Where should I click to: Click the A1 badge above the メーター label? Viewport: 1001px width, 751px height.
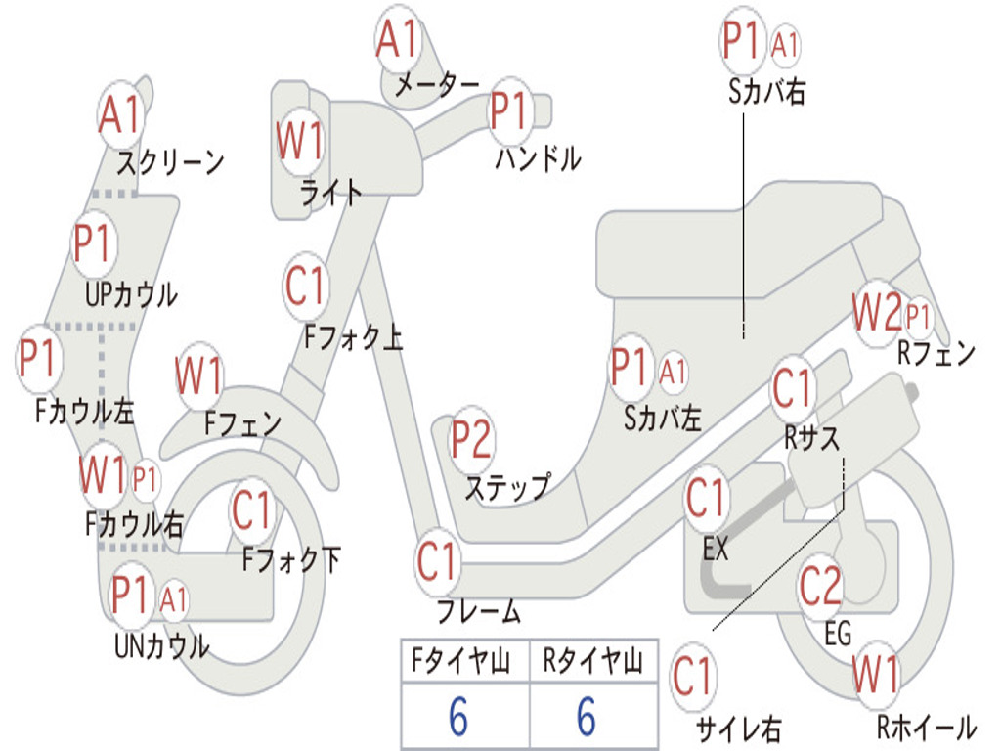pyautogui.click(x=397, y=38)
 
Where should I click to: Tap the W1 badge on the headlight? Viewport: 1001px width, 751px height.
pyautogui.click(x=299, y=140)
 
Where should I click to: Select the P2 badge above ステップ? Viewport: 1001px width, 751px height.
pyautogui.click(x=471, y=439)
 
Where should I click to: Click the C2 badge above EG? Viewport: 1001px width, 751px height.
pyautogui.click(x=820, y=585)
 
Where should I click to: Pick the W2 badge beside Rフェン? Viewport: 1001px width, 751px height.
pyautogui.click(x=878, y=313)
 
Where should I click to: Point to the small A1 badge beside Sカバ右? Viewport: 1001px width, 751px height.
pyautogui.click(x=784, y=45)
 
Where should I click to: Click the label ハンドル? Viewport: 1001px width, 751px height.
pyautogui.click(x=539, y=158)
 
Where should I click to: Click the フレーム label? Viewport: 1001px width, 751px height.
pyautogui.click(x=479, y=611)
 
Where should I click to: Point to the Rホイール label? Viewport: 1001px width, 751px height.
pyautogui.click(x=927, y=727)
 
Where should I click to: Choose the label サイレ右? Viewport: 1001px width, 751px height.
pyautogui.click(x=739, y=729)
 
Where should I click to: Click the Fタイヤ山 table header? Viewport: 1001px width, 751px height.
pyautogui.click(x=461, y=661)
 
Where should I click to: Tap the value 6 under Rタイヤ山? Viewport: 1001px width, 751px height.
pyautogui.click(x=587, y=716)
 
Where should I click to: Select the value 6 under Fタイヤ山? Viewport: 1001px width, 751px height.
pyautogui.click(x=458, y=716)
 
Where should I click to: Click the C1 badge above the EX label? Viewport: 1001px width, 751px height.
pyautogui.click(x=706, y=499)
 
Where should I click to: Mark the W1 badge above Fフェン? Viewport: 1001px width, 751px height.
pyautogui.click(x=198, y=375)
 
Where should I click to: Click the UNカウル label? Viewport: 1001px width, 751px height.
pyautogui.click(x=162, y=646)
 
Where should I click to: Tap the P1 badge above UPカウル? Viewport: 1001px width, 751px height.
pyautogui.click(x=94, y=243)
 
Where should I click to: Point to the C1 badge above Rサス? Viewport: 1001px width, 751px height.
pyautogui.click(x=792, y=388)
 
